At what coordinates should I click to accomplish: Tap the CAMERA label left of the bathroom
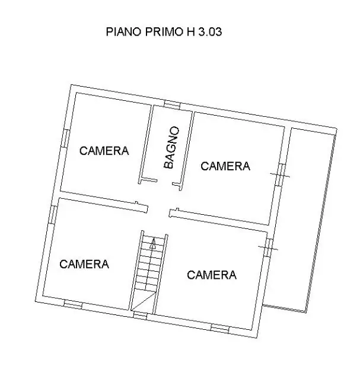[x=104, y=151]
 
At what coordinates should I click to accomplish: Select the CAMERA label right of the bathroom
[x=225, y=166]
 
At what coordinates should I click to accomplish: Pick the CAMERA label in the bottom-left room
[x=84, y=264]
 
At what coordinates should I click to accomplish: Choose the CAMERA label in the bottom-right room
[x=212, y=275]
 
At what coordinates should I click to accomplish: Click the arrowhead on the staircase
[x=153, y=242]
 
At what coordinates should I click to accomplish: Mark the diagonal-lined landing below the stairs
[x=142, y=302]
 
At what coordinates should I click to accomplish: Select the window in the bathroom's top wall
[x=172, y=105]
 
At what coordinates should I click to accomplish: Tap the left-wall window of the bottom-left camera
[x=53, y=214]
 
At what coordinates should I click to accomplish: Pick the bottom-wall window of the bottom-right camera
[x=220, y=327]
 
